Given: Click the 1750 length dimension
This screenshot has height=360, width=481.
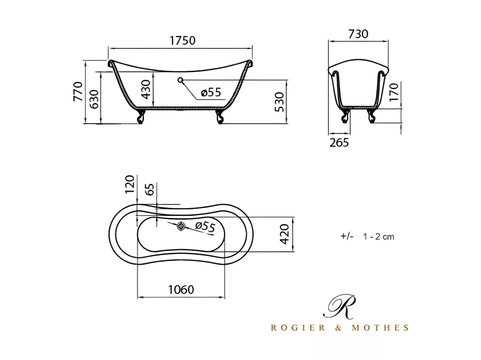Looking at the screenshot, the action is tap(182, 41).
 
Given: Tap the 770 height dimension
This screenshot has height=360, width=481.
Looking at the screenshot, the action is tap(78, 91).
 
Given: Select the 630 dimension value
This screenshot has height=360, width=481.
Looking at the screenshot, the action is tap(94, 99).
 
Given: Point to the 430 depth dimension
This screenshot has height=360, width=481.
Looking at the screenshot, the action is tap(146, 89).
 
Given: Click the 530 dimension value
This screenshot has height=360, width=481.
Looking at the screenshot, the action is tap(279, 102).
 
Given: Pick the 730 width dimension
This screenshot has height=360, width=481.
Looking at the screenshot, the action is tap(358, 34).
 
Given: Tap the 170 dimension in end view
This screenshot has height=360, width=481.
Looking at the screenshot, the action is tap(393, 92).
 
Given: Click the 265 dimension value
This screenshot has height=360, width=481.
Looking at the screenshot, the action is tap(339, 142).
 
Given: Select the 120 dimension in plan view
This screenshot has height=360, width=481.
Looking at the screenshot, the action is tap(130, 184).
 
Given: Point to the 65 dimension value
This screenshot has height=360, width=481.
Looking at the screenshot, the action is tap(149, 189).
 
